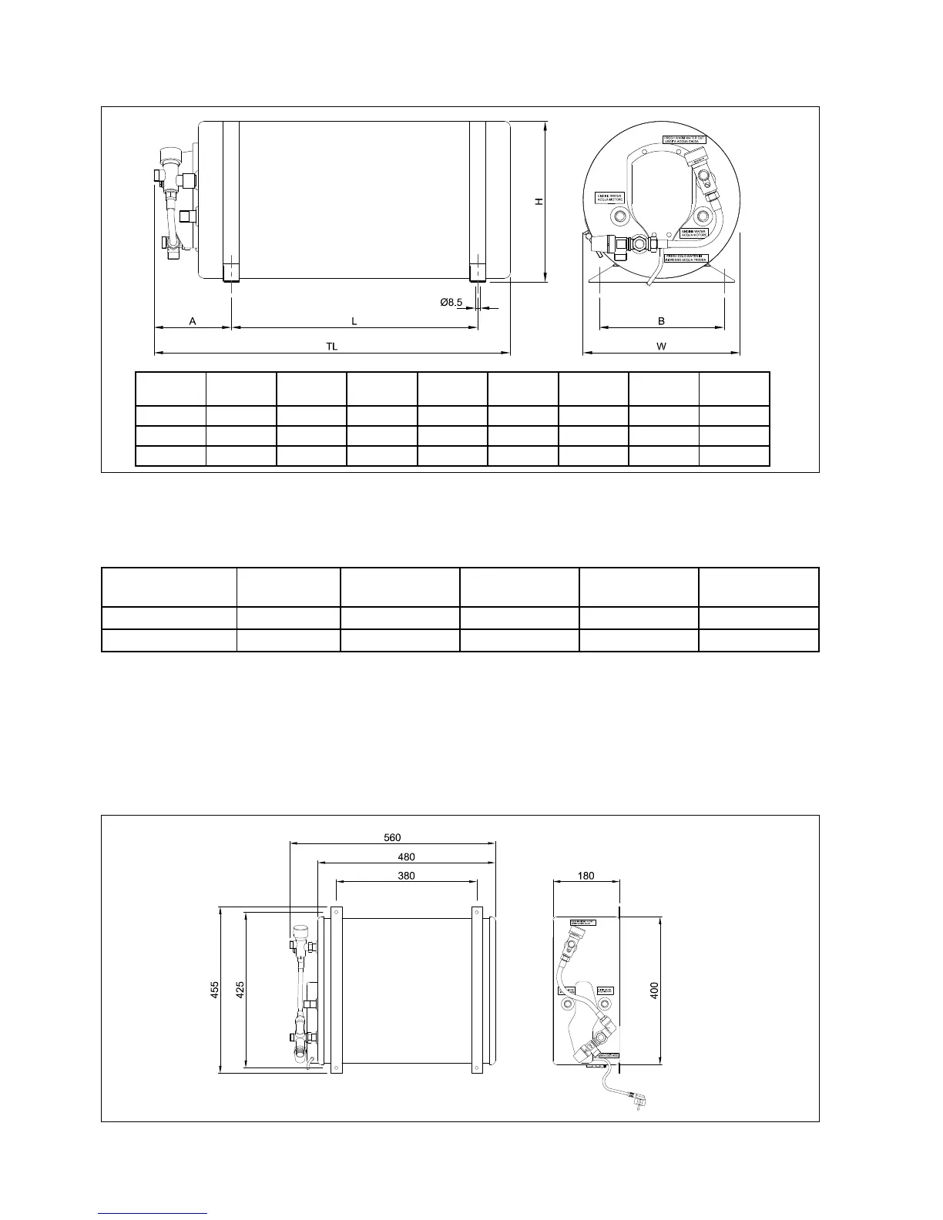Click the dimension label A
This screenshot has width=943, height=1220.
point(193,320)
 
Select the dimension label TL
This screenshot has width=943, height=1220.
point(331,347)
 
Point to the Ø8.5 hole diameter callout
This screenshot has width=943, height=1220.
point(451,303)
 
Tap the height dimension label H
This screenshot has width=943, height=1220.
point(539,201)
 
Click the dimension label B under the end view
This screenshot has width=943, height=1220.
point(661,320)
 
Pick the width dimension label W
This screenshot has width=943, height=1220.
point(661,347)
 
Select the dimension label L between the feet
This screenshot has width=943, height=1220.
point(354,320)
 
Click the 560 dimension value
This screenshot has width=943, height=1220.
point(392,837)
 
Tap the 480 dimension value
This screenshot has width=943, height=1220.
point(406,856)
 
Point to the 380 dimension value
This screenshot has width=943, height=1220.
point(406,876)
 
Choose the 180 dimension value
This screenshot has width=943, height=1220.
point(586,876)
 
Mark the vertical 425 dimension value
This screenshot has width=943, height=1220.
point(240,990)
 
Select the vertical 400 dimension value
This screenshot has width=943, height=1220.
point(654,990)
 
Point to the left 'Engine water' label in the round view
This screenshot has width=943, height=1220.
point(608,198)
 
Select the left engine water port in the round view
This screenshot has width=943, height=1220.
point(616,215)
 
